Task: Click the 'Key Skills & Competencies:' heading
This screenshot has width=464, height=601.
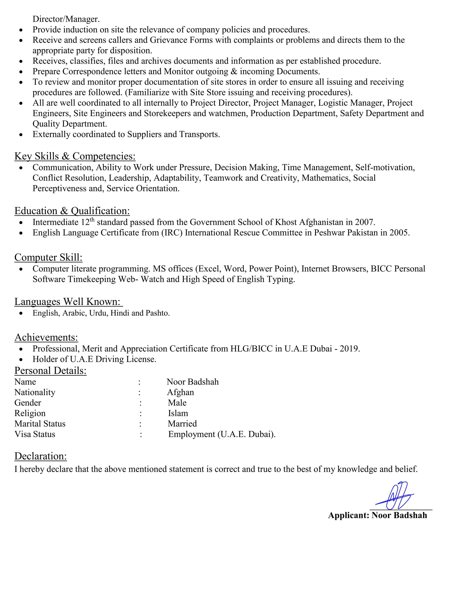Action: pyautogui.click(x=75, y=156)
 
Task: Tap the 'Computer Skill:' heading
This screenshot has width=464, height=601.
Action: pyautogui.click(x=48, y=257)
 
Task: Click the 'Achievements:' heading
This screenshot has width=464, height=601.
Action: pyautogui.click(x=46, y=337)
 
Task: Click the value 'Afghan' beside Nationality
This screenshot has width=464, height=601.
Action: pyautogui.click(x=180, y=392)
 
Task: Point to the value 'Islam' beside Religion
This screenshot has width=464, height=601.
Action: pyautogui.click(x=178, y=413)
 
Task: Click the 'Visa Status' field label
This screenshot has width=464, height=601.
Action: pyautogui.click(x=35, y=434)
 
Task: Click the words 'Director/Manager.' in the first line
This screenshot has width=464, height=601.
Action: pyautogui.click(x=66, y=19)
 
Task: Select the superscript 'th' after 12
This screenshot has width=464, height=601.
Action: pyautogui.click(x=92, y=219)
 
